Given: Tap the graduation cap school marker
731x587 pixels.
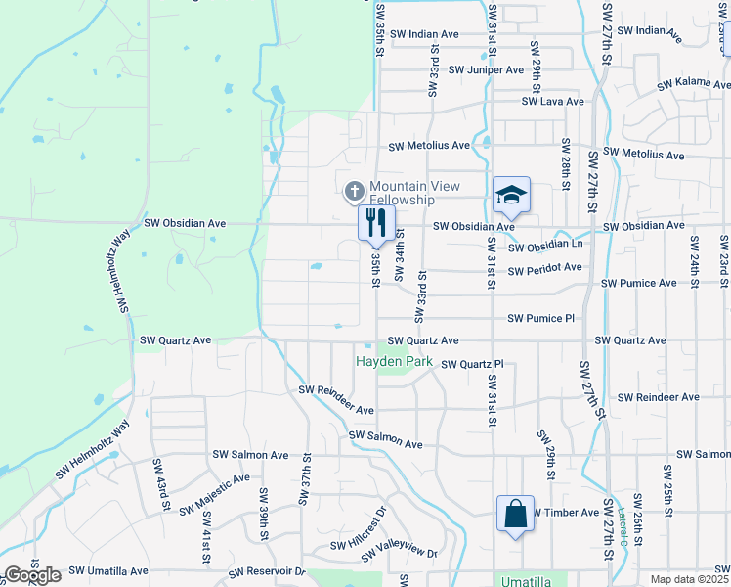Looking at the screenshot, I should [x=511, y=196].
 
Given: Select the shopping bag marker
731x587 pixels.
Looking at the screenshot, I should [x=515, y=515].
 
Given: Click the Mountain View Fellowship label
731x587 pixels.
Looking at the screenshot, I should [x=414, y=193].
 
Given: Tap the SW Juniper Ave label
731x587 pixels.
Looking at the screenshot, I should [x=486, y=70].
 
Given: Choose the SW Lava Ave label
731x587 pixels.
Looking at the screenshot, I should [x=552, y=101].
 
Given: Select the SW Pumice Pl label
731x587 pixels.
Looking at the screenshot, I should [x=541, y=318].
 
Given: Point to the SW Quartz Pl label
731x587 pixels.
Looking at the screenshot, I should [x=471, y=365].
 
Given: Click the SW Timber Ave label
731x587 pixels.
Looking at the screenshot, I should [x=564, y=513].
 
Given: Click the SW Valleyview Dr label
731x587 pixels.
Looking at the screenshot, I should [x=399, y=555].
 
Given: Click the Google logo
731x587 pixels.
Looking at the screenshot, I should [x=32, y=575].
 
